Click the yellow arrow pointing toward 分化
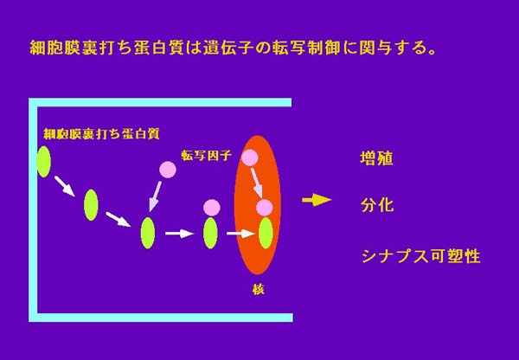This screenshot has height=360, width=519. tap(317, 200)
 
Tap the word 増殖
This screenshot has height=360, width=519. tap(376, 158)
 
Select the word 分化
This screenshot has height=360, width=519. tap(377, 205)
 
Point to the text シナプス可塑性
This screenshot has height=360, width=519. tap(420, 256)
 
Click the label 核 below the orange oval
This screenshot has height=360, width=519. tap(258, 289)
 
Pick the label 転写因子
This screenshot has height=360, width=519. tap(206, 155)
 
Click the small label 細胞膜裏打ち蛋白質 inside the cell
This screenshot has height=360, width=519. tap(101, 133)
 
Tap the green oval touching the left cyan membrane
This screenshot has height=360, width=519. tap(44, 162)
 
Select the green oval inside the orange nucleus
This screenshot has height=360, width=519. tap(266, 233)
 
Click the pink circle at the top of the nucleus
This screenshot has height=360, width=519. tap(250, 157)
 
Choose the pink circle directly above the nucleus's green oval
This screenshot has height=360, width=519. tap(265, 208)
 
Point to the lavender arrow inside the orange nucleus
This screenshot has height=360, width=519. tap(257, 183)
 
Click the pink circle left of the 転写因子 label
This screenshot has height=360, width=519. tap(168, 170)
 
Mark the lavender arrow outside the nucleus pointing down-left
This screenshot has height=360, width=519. tap(155, 196)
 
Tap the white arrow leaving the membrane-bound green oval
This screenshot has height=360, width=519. tap(65, 186)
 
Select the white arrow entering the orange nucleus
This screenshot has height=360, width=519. tap(240, 234)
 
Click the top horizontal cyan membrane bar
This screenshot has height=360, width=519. tap(160, 102)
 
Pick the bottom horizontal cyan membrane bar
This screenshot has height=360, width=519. tap(161, 318)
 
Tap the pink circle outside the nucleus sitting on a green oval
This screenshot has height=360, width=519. tap(212, 208)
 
